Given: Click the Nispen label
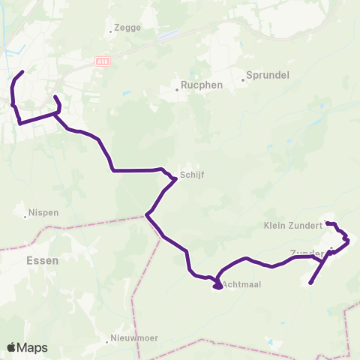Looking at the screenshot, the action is [43, 212].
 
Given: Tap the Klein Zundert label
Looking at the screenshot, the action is [293, 224].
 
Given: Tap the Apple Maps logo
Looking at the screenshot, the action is [28, 347].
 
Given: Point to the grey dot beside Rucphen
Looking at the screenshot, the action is [177, 89].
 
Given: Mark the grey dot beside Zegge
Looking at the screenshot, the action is [110, 31].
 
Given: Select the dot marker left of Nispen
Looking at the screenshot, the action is [26, 217].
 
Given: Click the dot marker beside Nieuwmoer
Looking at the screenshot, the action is [108, 342].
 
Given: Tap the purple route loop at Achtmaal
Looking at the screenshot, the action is [216, 285].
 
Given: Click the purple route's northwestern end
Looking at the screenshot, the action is [23, 72].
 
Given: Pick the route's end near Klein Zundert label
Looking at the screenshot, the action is [326, 223].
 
